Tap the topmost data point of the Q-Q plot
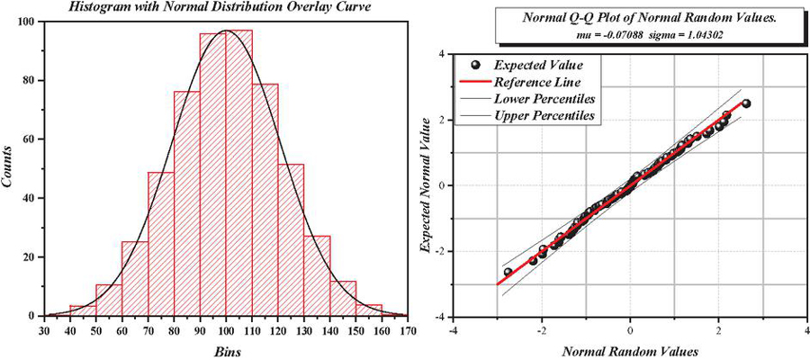click(x=745, y=103)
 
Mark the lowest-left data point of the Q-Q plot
click(x=508, y=272)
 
